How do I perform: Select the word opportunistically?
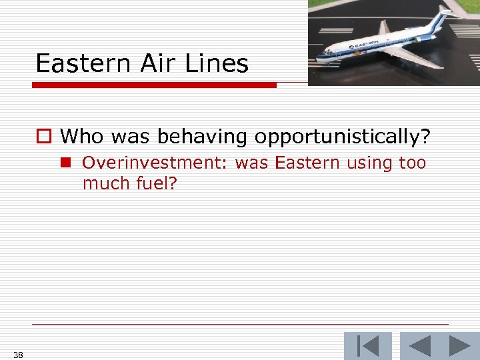coord(339,137)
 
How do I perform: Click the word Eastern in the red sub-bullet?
coord(307,163)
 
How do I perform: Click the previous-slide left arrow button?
coord(419,346)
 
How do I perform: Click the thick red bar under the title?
coord(153,85)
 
